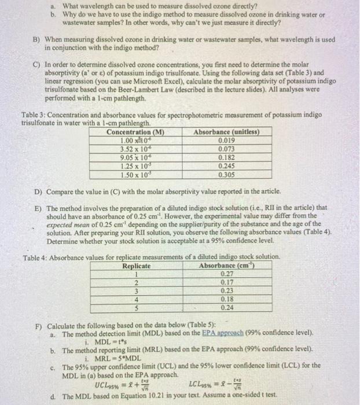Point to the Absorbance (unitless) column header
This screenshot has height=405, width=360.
[x=226, y=131]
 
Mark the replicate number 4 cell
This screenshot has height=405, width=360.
[x=137, y=299]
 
